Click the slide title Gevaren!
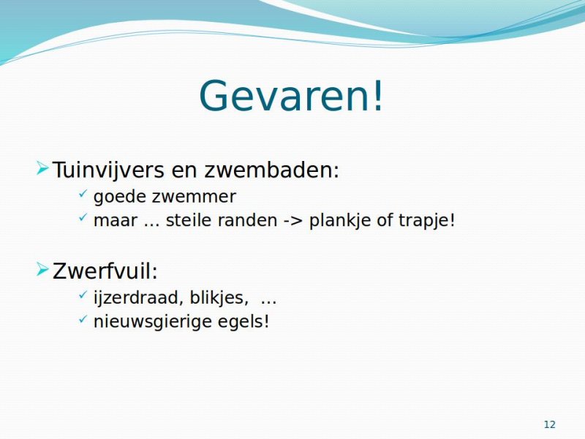coord(291,95)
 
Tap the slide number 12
coord(550,424)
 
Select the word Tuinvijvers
coord(108,170)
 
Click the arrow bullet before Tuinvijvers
coord(42,168)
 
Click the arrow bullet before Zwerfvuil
coord(42,269)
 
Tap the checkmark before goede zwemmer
coord(83,193)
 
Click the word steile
coord(189,220)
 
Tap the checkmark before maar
coord(83,217)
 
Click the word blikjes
coord(216,298)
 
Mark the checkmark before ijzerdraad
coord(83,295)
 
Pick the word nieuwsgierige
coord(153,321)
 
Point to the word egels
coord(241,321)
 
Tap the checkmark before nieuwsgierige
coord(83,318)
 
